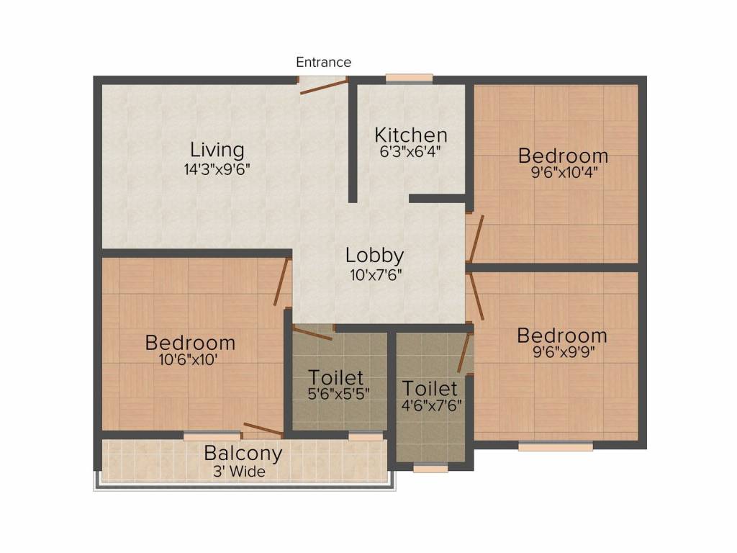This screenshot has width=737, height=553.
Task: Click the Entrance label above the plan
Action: (323, 63)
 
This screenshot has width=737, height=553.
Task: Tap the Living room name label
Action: (217, 150)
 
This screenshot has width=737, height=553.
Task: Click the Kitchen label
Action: (411, 135)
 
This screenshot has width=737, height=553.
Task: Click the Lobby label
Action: (374, 256)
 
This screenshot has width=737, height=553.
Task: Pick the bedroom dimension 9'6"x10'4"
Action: (564, 173)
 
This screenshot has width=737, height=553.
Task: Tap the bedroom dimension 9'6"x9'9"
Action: (562, 353)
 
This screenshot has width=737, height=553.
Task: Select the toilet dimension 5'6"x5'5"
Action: (336, 395)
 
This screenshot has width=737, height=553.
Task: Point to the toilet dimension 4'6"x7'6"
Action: (430, 404)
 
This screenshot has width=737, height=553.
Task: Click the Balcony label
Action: (243, 454)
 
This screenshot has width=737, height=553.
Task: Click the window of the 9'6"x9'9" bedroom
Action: (556, 446)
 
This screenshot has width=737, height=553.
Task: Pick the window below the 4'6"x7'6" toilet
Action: (430, 468)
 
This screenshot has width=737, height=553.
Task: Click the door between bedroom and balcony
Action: (262, 430)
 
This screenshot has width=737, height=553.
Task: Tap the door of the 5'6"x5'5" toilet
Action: (313, 332)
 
